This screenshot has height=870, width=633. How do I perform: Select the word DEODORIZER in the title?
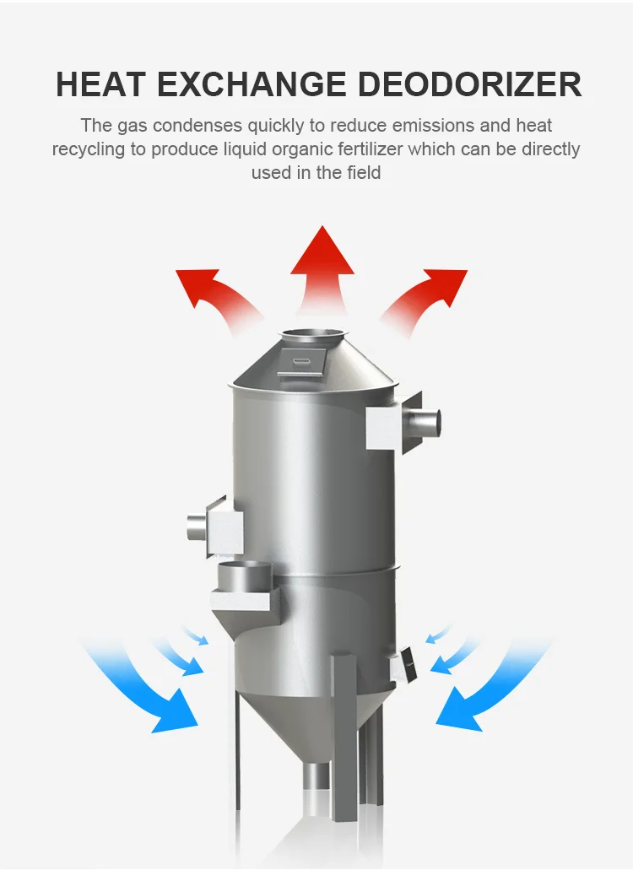pyautogui.click(x=470, y=85)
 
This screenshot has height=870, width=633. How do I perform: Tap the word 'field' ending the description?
pyautogui.click(x=362, y=173)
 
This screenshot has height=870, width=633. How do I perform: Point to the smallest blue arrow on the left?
pyautogui.click(x=195, y=635)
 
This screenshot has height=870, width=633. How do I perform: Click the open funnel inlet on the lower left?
pyautogui.click(x=245, y=575)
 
